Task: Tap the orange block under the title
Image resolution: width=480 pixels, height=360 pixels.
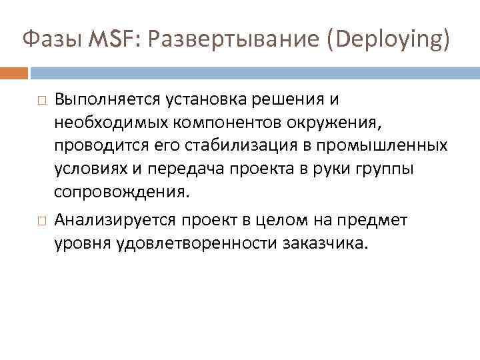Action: [x=14, y=72]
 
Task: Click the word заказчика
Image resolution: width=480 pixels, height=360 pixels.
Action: [x=326, y=242]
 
